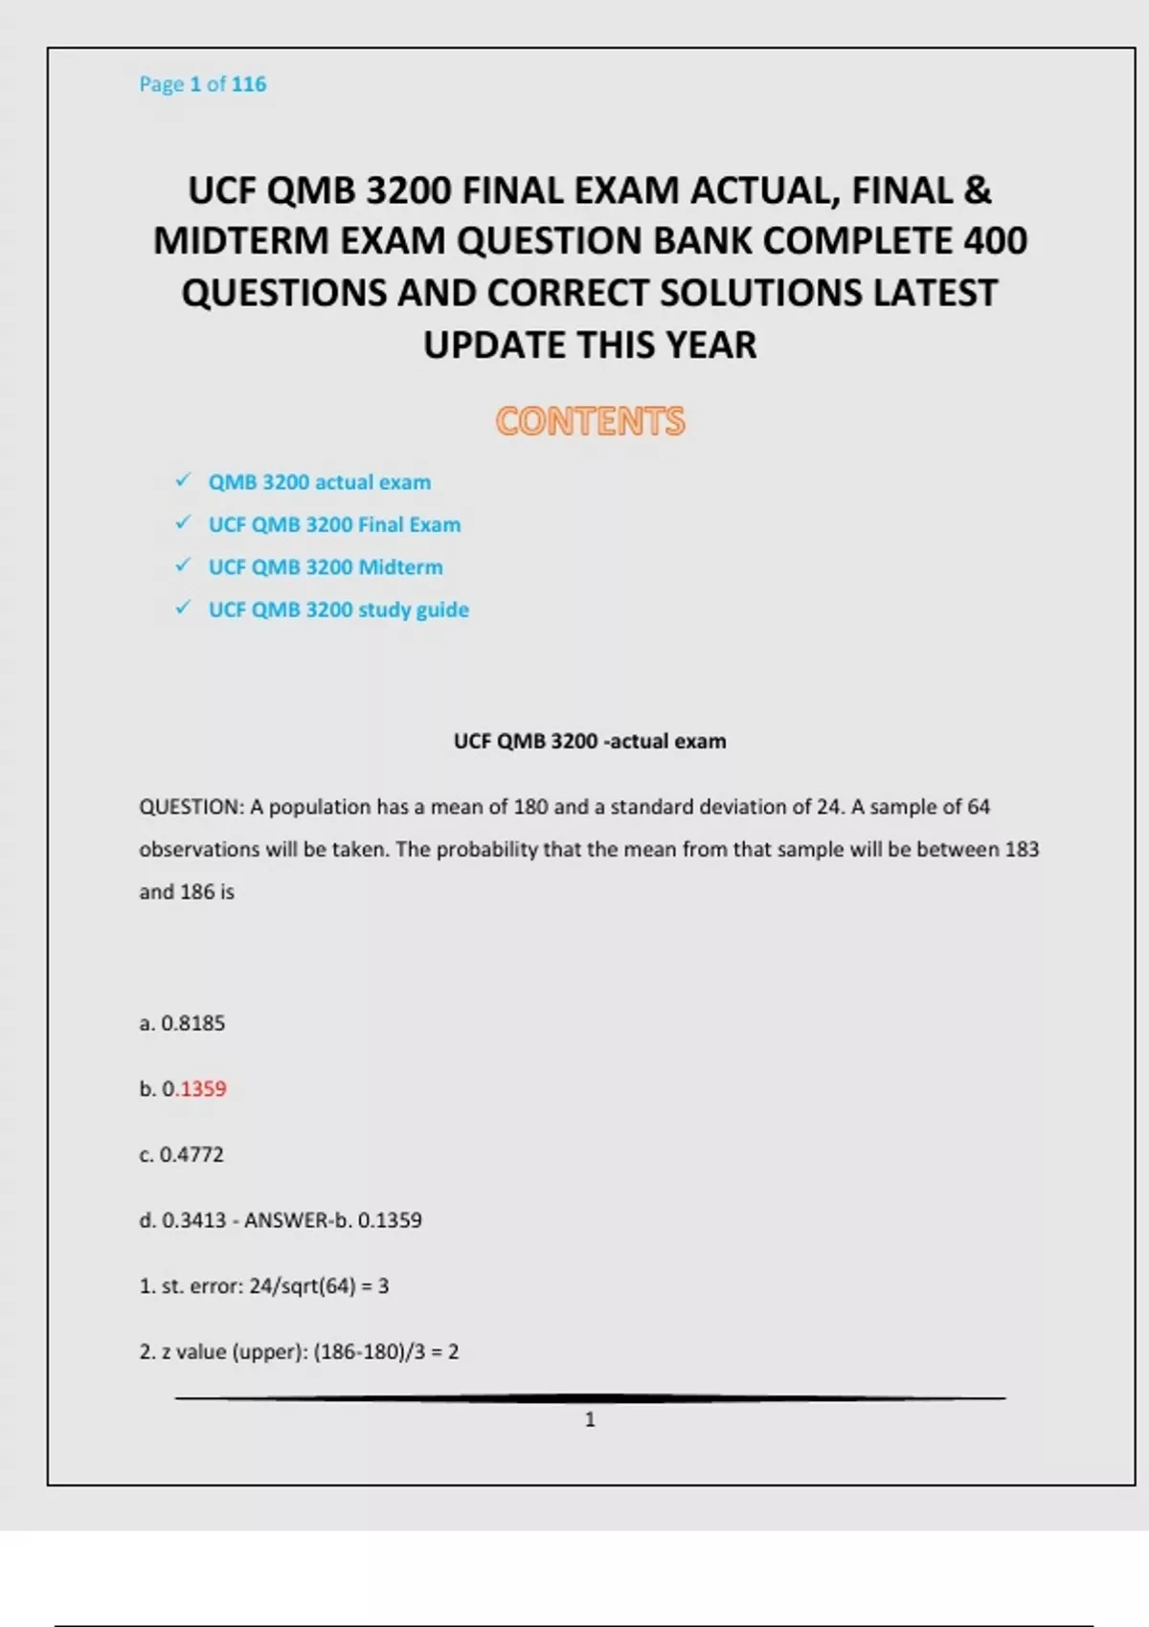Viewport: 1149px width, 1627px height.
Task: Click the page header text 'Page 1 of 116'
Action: (x=202, y=84)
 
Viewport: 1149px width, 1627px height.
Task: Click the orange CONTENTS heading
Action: (x=590, y=421)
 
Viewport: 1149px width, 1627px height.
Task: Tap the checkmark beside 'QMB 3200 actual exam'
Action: (x=183, y=480)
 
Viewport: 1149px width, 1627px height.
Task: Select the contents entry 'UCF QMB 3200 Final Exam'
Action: (x=334, y=524)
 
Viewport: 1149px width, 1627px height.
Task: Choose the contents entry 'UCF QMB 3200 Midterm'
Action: (x=326, y=567)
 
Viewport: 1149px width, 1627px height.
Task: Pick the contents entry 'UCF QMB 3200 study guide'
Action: (x=338, y=610)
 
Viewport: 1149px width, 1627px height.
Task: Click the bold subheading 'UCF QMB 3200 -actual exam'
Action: (x=590, y=741)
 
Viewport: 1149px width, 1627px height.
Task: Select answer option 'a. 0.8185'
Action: (x=182, y=1023)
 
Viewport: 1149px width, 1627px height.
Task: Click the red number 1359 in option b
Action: (x=203, y=1089)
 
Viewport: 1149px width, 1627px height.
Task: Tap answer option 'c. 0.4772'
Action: (x=181, y=1154)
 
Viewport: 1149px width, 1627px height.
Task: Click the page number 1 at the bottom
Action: (x=590, y=1419)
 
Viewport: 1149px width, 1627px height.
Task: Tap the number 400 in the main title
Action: (x=995, y=241)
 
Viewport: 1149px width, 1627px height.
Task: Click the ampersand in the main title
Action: (x=978, y=190)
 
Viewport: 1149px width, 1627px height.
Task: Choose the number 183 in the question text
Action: (x=1021, y=849)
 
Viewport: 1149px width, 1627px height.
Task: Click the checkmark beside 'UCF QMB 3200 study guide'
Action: (x=183, y=609)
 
